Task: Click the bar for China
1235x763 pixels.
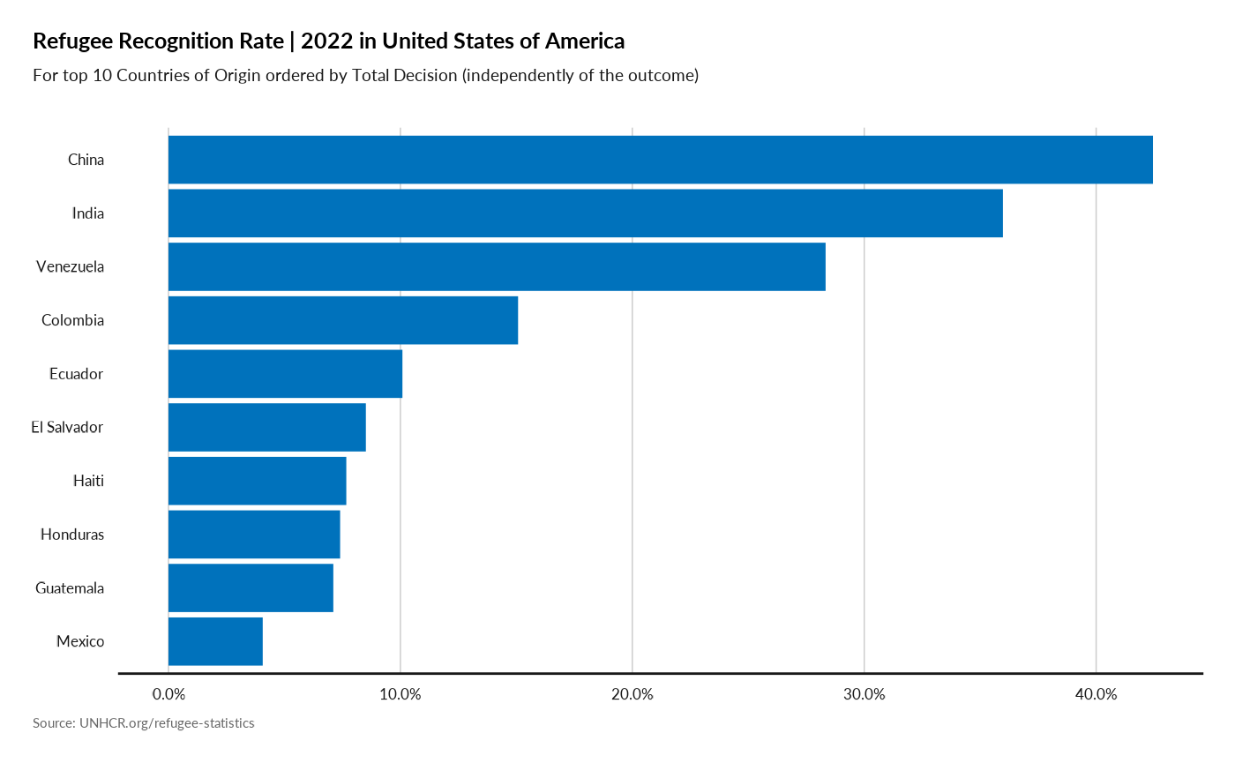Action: point(660,160)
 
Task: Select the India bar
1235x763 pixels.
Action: point(585,213)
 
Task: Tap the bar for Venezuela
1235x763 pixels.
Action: point(497,266)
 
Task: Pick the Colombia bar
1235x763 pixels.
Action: point(343,320)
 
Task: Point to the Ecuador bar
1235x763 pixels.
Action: point(285,374)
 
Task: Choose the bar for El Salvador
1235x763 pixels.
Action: point(266,427)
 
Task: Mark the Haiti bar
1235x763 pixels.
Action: point(257,481)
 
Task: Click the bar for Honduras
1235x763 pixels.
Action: point(254,535)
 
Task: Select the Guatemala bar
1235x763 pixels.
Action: point(251,587)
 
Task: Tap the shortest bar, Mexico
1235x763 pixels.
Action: point(215,641)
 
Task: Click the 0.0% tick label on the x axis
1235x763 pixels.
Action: point(168,693)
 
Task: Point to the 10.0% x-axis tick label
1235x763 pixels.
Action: point(400,693)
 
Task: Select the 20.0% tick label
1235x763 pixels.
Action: point(632,693)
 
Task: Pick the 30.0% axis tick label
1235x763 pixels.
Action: point(864,693)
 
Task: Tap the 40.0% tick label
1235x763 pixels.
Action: point(1096,693)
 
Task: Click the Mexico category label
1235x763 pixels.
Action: point(79,641)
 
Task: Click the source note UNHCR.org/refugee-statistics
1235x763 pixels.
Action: point(144,723)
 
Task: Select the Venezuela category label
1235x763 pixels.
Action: point(70,266)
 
